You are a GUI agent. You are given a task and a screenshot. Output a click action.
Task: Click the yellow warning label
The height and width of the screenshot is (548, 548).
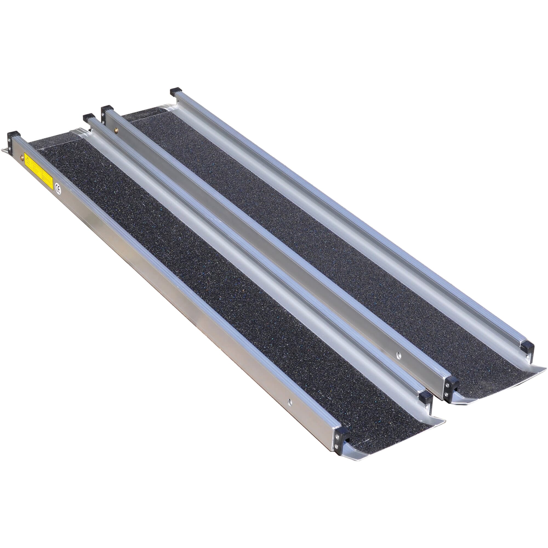coord(39,172)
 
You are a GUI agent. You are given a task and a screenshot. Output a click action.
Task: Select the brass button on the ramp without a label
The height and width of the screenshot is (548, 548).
coord(116,130)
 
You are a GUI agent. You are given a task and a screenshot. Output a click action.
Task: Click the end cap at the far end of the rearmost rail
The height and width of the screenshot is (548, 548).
coord(176,92)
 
